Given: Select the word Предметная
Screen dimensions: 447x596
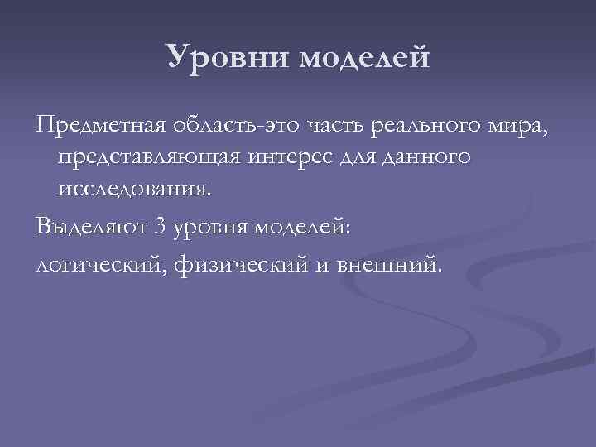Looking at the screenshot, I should tap(100, 127).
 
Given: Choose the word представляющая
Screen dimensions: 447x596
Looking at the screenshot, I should tap(150, 157).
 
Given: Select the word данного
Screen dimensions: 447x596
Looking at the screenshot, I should tap(435, 157).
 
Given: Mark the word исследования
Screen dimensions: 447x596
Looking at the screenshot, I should tap(134, 188).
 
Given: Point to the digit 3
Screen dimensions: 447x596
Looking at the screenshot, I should tap(160, 226).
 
